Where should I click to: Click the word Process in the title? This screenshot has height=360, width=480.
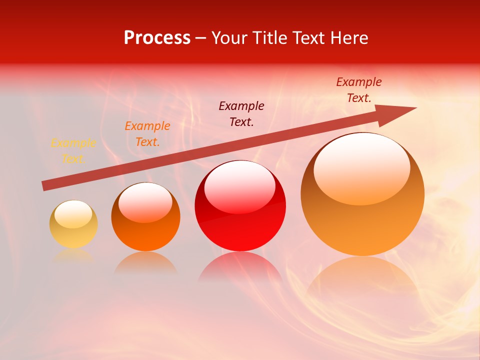click(x=157, y=38)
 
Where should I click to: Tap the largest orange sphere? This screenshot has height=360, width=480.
click(x=362, y=225)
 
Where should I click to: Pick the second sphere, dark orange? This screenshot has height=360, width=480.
click(x=145, y=232)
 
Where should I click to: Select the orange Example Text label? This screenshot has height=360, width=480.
click(x=147, y=134)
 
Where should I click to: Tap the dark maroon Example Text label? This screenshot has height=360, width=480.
click(x=241, y=113)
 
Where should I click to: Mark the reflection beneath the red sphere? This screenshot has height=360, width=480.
click(x=240, y=267)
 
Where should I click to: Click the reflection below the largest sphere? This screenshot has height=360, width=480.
click(x=362, y=275)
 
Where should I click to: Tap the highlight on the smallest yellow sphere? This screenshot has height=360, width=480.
click(x=73, y=214)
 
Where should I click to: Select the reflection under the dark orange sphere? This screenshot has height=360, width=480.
click(x=145, y=262)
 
